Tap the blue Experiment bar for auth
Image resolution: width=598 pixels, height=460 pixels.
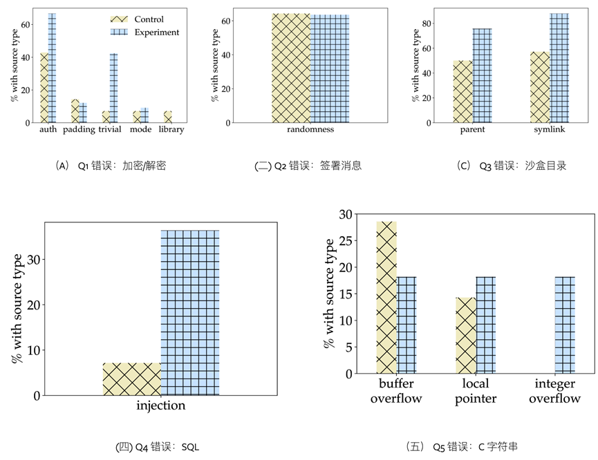pyautogui.click(x=52, y=68)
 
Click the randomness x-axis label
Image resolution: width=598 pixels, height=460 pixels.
pyautogui.click(x=310, y=129)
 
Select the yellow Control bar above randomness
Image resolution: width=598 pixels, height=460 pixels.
pyautogui.click(x=290, y=68)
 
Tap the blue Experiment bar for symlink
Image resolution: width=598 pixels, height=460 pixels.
pyautogui.click(x=559, y=68)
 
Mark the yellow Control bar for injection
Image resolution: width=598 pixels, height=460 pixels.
pyautogui.click(x=132, y=379)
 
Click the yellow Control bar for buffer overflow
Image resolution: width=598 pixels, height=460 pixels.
pyautogui.click(x=386, y=298)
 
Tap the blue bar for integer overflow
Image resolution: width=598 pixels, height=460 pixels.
pyautogui.click(x=565, y=325)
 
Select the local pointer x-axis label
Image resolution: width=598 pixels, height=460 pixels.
pyautogui.click(x=475, y=390)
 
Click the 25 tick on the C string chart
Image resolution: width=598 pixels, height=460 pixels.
pyautogui.click(x=345, y=241)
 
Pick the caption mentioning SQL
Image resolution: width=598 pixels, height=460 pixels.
pyautogui.click(x=158, y=447)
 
